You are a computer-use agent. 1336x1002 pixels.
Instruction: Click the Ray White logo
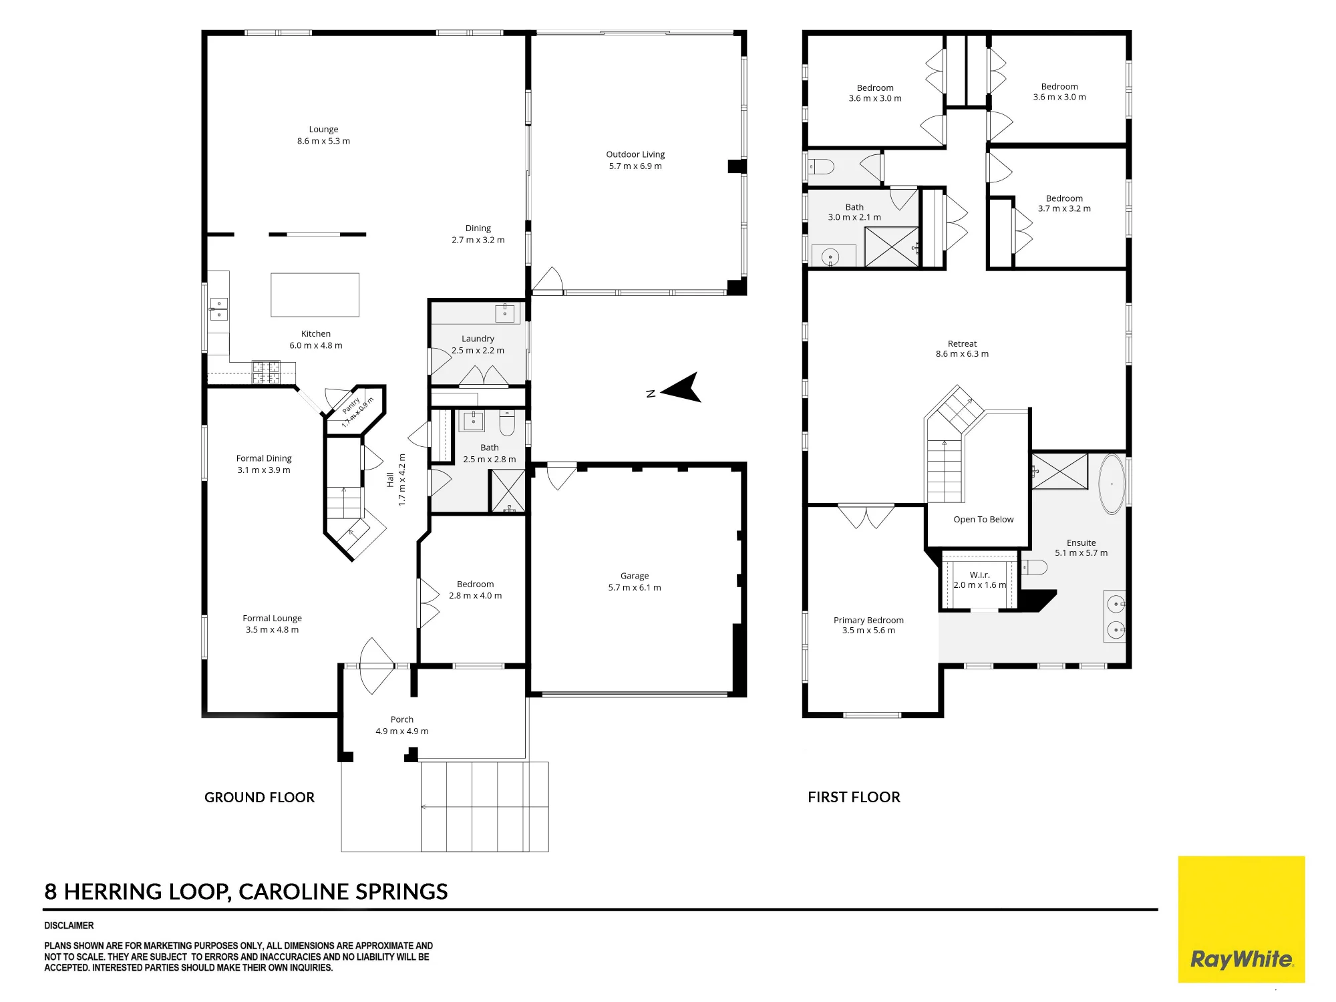point(1241,919)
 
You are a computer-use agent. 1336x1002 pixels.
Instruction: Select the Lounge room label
point(323,130)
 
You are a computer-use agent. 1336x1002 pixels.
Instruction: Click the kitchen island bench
point(315,295)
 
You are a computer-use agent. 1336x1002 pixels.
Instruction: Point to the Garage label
point(635,576)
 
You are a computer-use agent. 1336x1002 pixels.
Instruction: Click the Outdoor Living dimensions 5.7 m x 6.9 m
point(635,166)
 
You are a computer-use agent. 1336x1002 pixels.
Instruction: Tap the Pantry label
point(351,405)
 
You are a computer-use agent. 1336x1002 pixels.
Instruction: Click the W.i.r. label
point(980,574)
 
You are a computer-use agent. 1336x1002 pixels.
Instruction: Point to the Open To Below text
point(983,520)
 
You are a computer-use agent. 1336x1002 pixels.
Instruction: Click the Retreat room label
point(962,344)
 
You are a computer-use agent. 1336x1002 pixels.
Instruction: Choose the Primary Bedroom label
point(868,621)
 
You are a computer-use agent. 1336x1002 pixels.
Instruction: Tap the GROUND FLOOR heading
point(259,798)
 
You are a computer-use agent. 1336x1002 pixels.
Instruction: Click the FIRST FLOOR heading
point(854,797)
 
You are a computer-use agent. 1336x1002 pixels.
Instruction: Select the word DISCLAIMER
point(69,926)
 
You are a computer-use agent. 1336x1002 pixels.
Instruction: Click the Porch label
point(402,719)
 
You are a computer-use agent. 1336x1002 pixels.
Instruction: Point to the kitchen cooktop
point(266,372)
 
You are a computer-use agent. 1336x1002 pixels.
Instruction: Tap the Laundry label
point(478,339)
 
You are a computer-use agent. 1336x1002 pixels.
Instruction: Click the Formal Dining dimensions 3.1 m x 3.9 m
point(264,470)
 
